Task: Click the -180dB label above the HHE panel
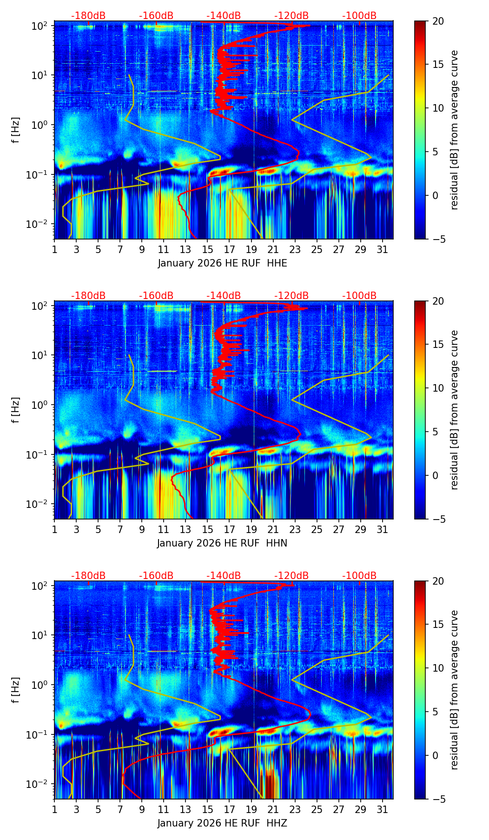tap(88, 16)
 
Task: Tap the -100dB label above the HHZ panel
tap(359, 576)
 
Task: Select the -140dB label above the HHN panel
tap(224, 296)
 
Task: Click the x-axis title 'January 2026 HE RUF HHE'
tap(222, 263)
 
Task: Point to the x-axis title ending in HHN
tap(222, 543)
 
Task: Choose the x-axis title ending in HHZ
tap(222, 823)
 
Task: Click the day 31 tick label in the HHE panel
tap(382, 250)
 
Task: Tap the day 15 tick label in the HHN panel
tap(207, 530)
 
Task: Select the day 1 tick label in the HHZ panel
tap(54, 810)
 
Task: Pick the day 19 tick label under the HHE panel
tap(251, 250)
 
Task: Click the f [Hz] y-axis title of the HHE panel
tap(16, 130)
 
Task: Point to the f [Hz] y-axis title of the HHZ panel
tap(16, 690)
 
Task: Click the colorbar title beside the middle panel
tap(454, 410)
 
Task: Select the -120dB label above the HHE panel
tap(291, 16)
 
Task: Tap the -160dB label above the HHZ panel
tap(156, 576)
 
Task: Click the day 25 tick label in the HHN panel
tap(317, 530)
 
